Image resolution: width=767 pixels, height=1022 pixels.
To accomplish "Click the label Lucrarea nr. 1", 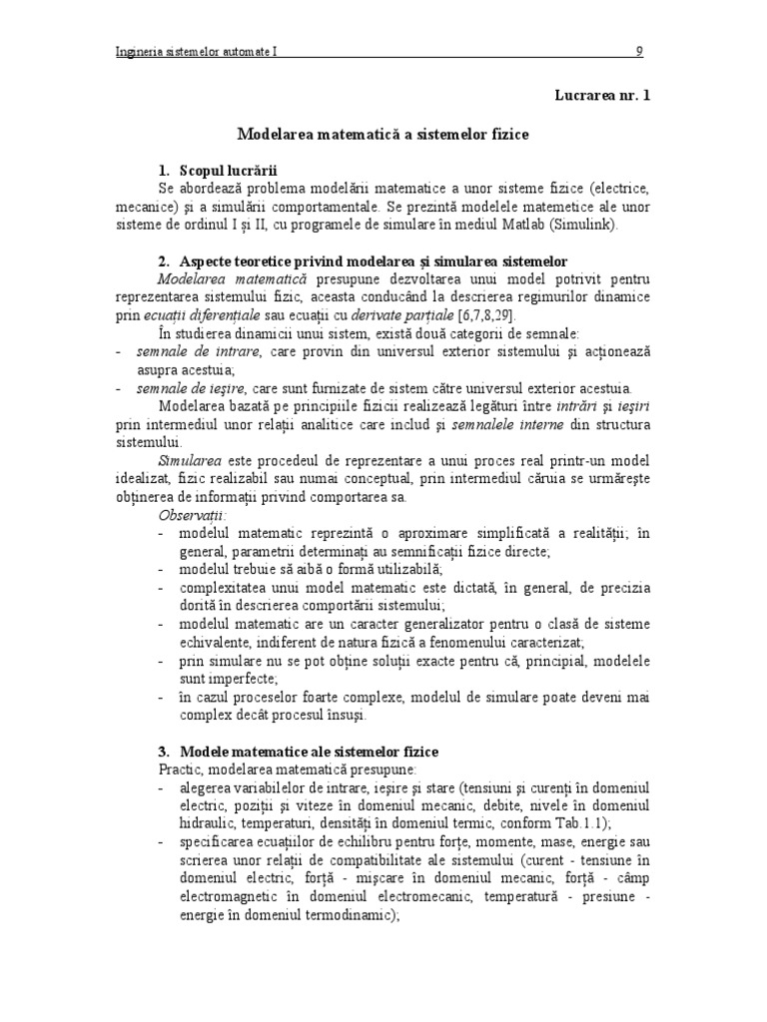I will click(x=602, y=96).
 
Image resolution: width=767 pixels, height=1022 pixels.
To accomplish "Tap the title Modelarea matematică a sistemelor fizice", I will click(x=383, y=132).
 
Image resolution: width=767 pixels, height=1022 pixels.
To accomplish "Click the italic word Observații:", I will click(x=193, y=515).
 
